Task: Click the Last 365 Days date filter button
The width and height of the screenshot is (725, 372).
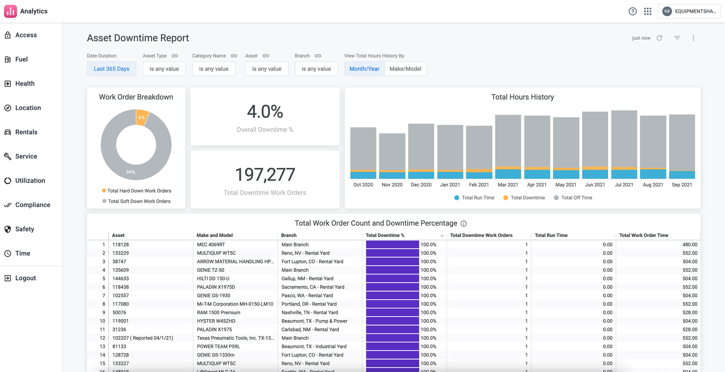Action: tap(112, 69)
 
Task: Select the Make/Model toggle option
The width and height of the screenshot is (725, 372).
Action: tap(405, 69)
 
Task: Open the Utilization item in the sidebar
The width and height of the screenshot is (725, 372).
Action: tap(30, 181)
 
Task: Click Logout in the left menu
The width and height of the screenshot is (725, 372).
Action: tap(25, 278)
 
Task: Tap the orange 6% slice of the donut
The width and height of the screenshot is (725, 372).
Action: tap(142, 117)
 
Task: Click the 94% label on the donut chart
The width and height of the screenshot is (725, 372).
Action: tap(131, 172)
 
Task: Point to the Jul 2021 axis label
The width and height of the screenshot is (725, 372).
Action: tap(624, 185)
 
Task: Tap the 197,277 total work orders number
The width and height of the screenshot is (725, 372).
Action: tap(265, 174)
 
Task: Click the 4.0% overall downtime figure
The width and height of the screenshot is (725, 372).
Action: tap(265, 112)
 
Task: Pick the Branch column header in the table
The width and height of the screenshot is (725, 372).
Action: tap(289, 235)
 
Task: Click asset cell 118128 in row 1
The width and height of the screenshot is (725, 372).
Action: tap(121, 245)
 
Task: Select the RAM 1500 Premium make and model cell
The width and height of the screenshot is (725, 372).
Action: tap(219, 312)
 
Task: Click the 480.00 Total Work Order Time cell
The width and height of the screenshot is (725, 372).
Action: tap(690, 245)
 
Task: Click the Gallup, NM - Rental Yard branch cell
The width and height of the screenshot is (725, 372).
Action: tap(307, 278)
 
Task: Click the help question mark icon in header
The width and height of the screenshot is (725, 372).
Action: tap(632, 11)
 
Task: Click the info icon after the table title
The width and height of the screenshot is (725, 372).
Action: tap(463, 224)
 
